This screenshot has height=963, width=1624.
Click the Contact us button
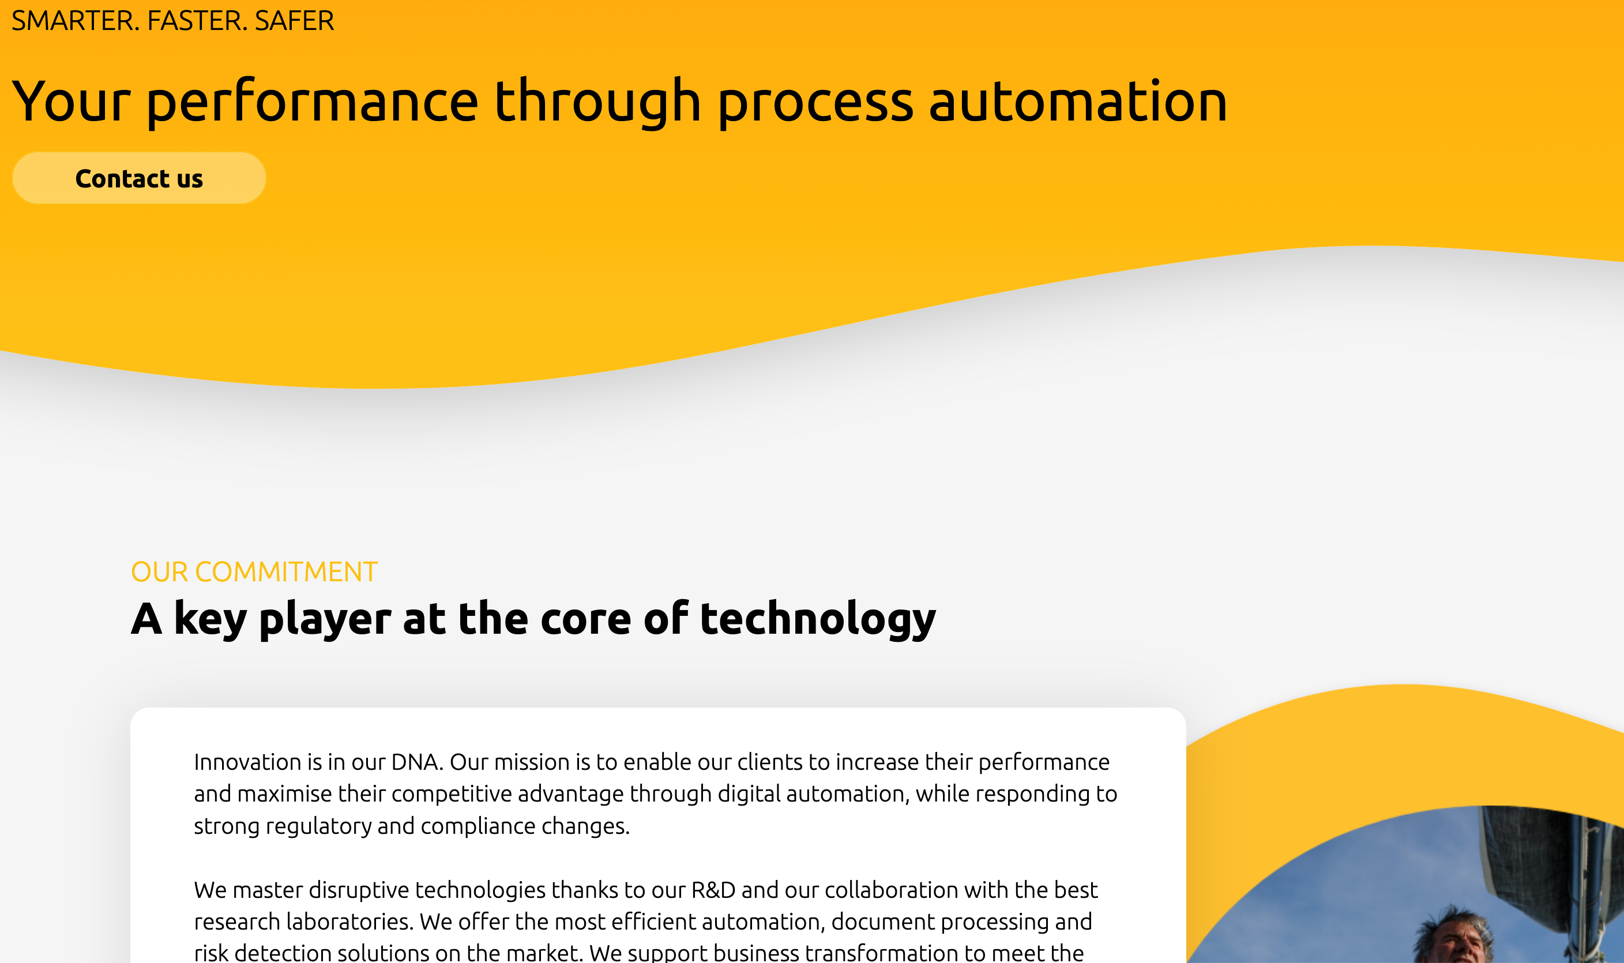tap(139, 178)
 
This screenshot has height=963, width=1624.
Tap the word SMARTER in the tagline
tap(73, 21)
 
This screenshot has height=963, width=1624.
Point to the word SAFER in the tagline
tap(295, 21)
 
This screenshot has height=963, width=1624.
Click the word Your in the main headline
tap(72, 102)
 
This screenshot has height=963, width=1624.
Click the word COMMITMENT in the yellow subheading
tap(286, 571)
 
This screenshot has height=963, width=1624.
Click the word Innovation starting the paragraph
tap(248, 762)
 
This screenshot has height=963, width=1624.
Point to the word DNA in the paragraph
tap(416, 762)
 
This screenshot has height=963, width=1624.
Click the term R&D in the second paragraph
tap(713, 890)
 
